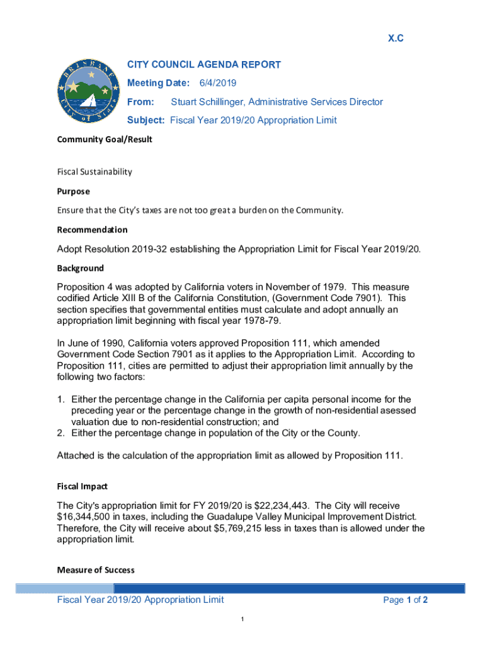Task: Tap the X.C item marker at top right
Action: (395, 39)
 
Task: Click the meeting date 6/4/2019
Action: (218, 83)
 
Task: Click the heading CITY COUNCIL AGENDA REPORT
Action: (204, 65)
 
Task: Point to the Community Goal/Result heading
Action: (105, 139)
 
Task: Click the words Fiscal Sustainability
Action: (94, 171)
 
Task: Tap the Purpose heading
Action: (73, 191)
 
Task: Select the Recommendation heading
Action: (92, 230)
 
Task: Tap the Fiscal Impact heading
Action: (82, 486)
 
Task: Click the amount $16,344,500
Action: (84, 517)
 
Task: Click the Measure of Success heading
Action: (95, 570)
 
